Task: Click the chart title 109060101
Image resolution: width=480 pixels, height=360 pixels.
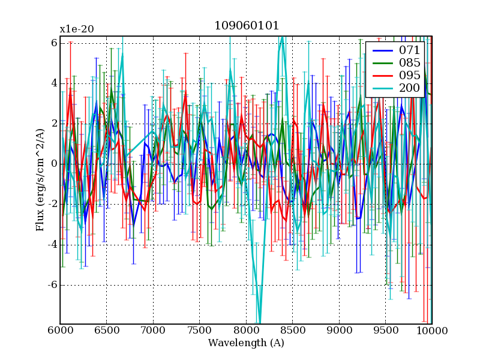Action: [x=246, y=26]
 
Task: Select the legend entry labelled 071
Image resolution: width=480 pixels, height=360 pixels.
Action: [x=410, y=50]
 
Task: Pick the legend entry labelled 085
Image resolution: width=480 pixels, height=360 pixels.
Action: [x=410, y=62]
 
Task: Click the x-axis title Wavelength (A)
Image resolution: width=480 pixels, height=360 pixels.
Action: [x=246, y=343]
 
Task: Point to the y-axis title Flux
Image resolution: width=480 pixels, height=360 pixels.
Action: [x=41, y=180]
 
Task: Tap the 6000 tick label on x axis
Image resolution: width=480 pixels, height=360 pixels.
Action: [x=60, y=331]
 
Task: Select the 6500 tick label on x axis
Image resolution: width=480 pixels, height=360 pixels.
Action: [x=106, y=331]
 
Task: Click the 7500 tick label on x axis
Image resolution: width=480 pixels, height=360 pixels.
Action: [x=199, y=331]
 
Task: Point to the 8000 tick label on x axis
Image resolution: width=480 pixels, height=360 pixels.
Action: [x=246, y=331]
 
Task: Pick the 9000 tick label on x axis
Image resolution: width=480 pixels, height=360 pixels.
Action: [x=339, y=331]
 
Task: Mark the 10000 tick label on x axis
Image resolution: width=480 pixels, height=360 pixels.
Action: [x=432, y=331]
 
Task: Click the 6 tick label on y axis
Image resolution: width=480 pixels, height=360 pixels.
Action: [x=53, y=43]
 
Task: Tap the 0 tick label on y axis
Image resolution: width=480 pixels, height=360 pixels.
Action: [x=53, y=164]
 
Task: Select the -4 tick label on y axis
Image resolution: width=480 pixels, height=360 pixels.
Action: [x=52, y=244]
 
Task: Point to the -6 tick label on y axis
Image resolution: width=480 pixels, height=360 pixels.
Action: [x=52, y=284]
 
